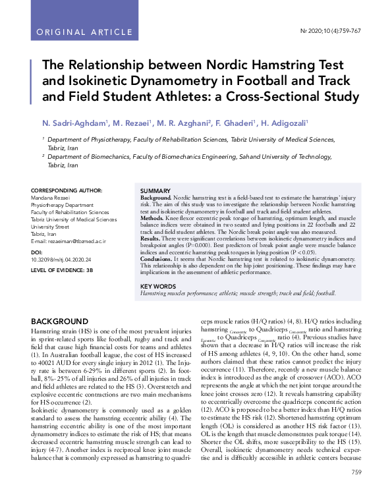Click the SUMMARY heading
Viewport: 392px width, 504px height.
click(x=155, y=190)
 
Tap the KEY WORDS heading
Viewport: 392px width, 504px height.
click(x=158, y=286)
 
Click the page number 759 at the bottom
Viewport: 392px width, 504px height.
click(x=356, y=490)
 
